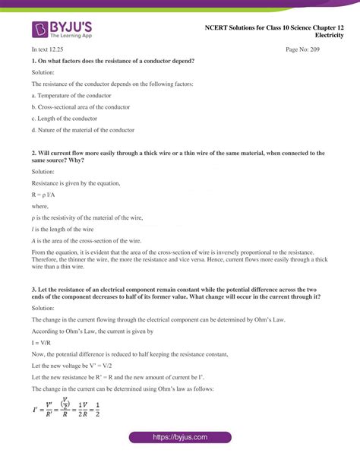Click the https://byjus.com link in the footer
point(180,438)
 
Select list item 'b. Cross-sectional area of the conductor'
point(81,106)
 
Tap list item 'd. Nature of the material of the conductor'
point(83,130)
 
